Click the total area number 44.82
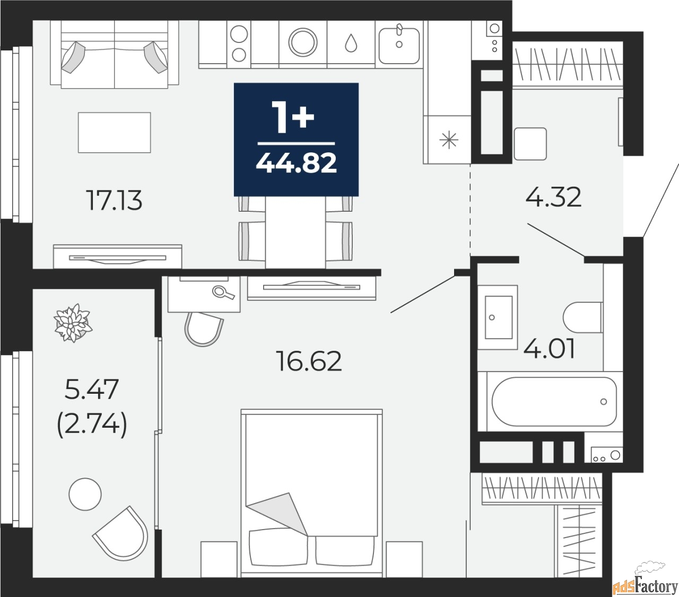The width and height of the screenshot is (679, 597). (x=296, y=163)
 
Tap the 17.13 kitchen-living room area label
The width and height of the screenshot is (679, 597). (x=115, y=201)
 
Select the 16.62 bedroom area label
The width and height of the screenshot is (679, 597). (x=309, y=361)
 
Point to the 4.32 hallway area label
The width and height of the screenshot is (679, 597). (x=553, y=197)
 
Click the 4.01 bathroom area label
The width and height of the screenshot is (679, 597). (x=549, y=349)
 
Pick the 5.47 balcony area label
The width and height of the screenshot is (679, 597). (x=91, y=390)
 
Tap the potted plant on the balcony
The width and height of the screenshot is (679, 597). (x=73, y=323)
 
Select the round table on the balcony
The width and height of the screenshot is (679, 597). (x=85, y=494)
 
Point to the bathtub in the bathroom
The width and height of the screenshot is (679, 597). (x=554, y=401)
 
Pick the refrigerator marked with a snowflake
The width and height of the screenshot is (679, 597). (x=449, y=140)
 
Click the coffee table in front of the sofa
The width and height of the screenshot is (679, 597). (x=114, y=132)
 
